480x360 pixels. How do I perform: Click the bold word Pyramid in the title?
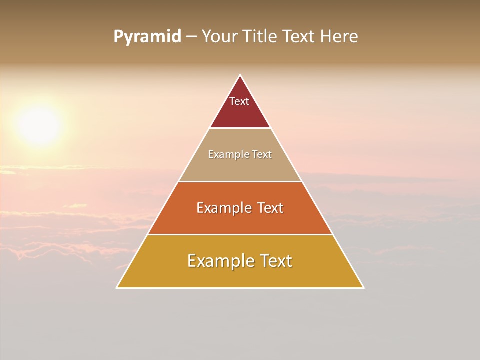[x=147, y=37]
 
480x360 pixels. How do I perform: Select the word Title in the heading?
[x=260, y=37]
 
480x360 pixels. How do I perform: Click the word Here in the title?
[x=339, y=37]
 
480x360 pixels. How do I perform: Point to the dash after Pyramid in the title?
[x=191, y=37]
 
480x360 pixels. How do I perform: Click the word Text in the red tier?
[x=239, y=101]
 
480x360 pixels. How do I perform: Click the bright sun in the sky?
[x=39, y=125]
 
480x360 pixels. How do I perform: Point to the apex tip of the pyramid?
[x=240, y=76]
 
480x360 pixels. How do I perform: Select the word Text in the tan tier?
[x=261, y=155]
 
